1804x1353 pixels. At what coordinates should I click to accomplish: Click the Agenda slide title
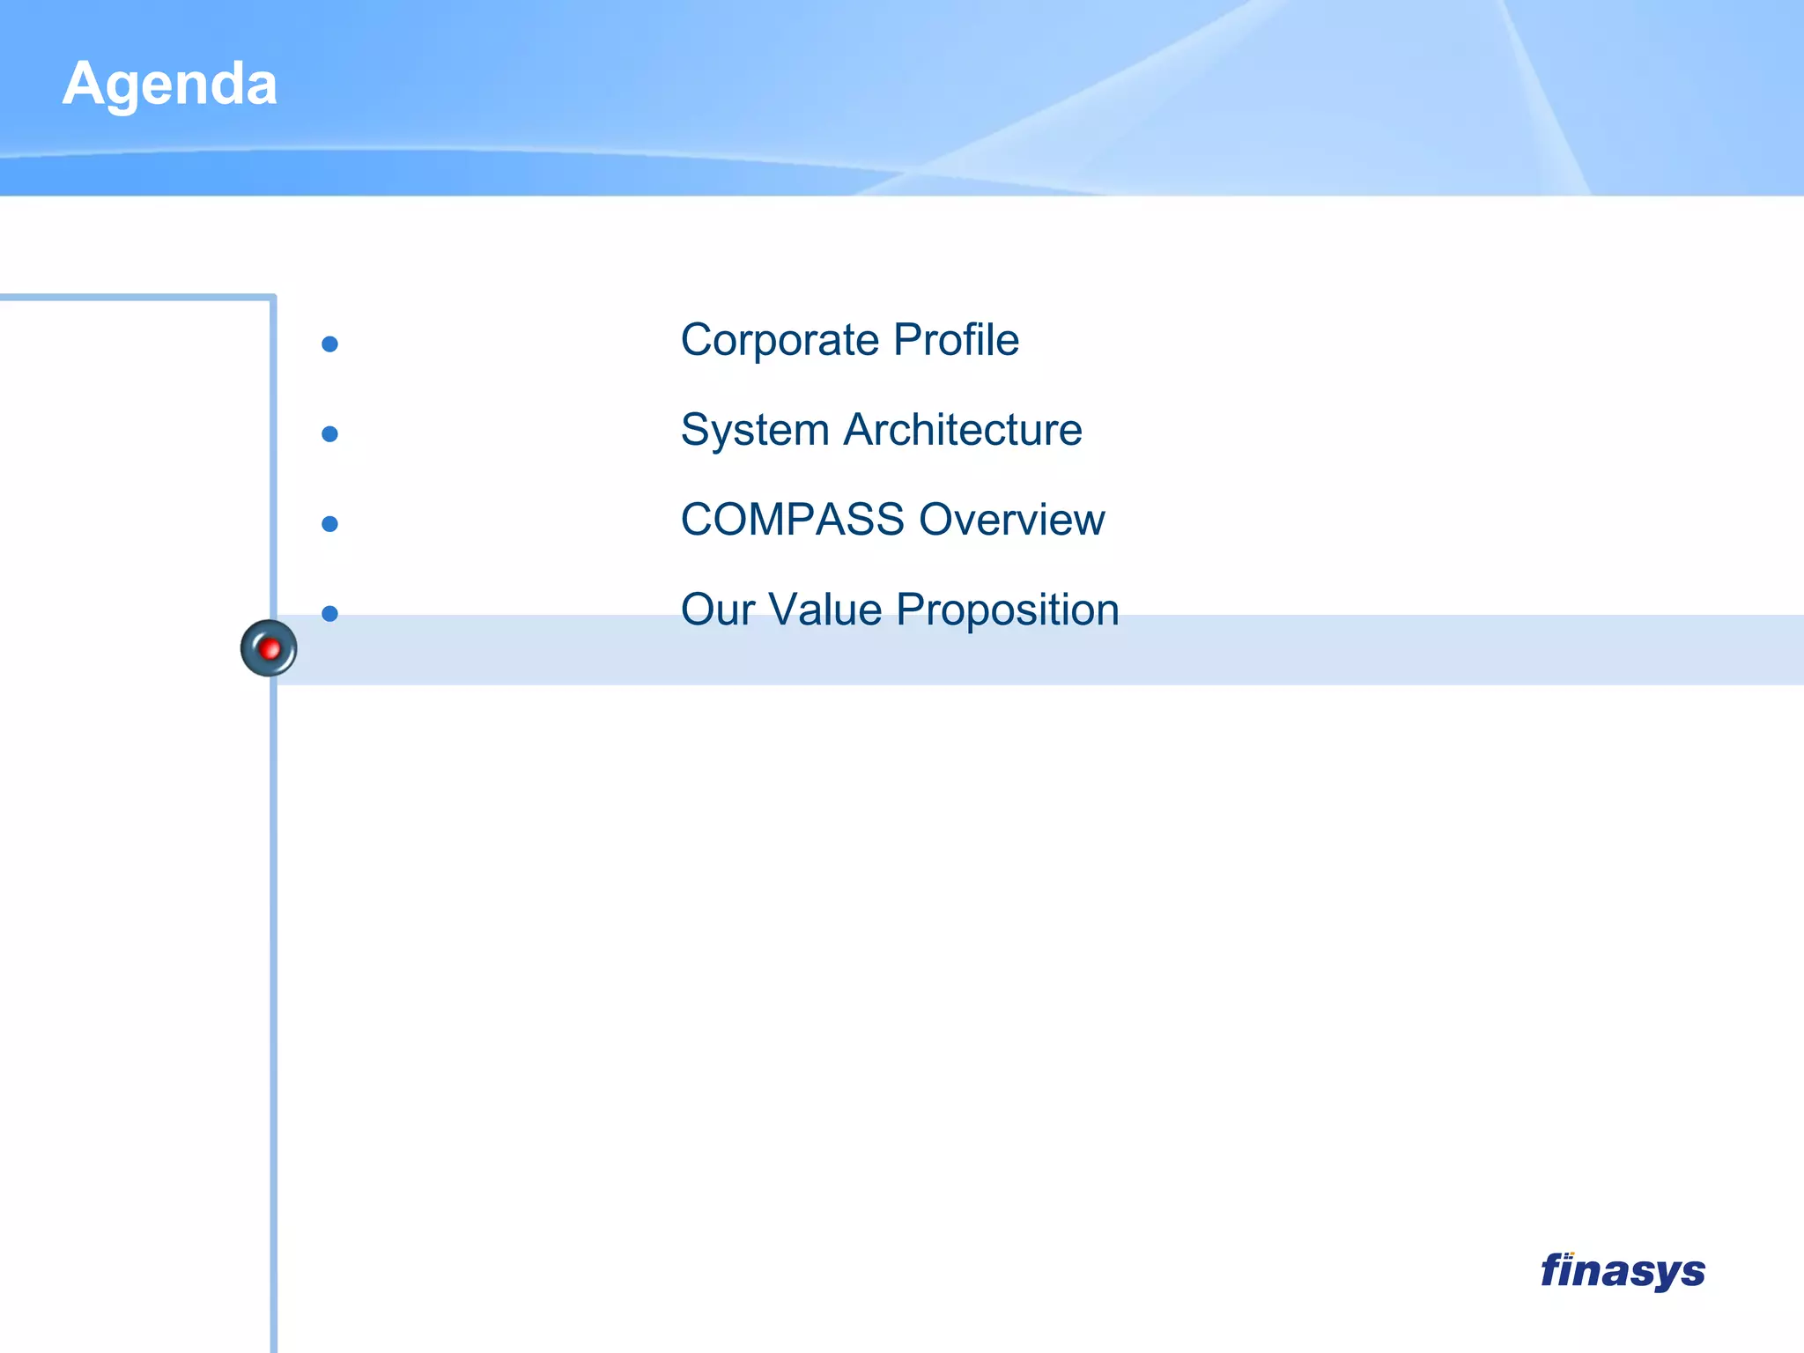click(x=170, y=85)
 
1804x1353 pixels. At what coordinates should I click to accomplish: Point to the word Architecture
click(x=963, y=430)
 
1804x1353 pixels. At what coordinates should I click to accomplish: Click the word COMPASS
click(x=792, y=520)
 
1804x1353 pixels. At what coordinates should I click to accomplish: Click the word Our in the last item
click(x=718, y=610)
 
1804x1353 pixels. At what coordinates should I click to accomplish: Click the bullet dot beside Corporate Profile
click(x=330, y=344)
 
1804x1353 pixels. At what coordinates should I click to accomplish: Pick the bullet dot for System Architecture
click(x=330, y=434)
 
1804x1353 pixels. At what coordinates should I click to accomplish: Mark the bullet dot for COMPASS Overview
click(x=330, y=524)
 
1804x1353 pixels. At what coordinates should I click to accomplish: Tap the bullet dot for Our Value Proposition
click(x=330, y=614)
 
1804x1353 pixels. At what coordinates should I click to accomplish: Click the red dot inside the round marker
click(x=270, y=649)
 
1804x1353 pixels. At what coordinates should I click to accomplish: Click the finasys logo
click(x=1623, y=1271)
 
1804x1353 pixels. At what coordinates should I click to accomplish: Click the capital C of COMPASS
click(x=697, y=520)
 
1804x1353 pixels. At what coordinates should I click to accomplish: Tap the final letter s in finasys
click(x=1691, y=1274)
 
